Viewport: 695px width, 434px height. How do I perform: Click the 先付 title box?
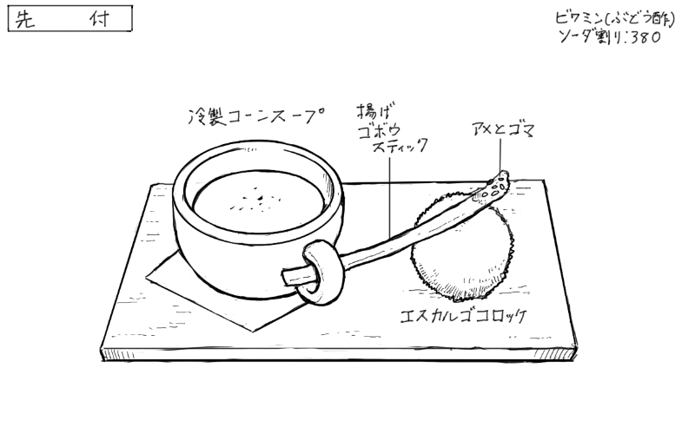click(x=70, y=18)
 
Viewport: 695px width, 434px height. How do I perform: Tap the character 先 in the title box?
click(x=25, y=19)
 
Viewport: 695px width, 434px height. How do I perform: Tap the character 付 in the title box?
click(x=99, y=19)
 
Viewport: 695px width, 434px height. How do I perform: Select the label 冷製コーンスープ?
click(x=255, y=116)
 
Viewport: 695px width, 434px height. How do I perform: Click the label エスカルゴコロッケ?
click(x=464, y=316)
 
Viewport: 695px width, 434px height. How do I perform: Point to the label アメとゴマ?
click(x=504, y=128)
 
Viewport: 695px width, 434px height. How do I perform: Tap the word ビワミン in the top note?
click(x=579, y=18)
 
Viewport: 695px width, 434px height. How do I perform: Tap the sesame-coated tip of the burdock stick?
click(x=497, y=186)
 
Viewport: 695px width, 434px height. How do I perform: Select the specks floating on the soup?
click(x=255, y=201)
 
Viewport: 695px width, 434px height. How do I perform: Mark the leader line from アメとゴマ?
click(x=501, y=155)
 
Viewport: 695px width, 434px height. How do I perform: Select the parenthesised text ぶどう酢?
click(x=639, y=18)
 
